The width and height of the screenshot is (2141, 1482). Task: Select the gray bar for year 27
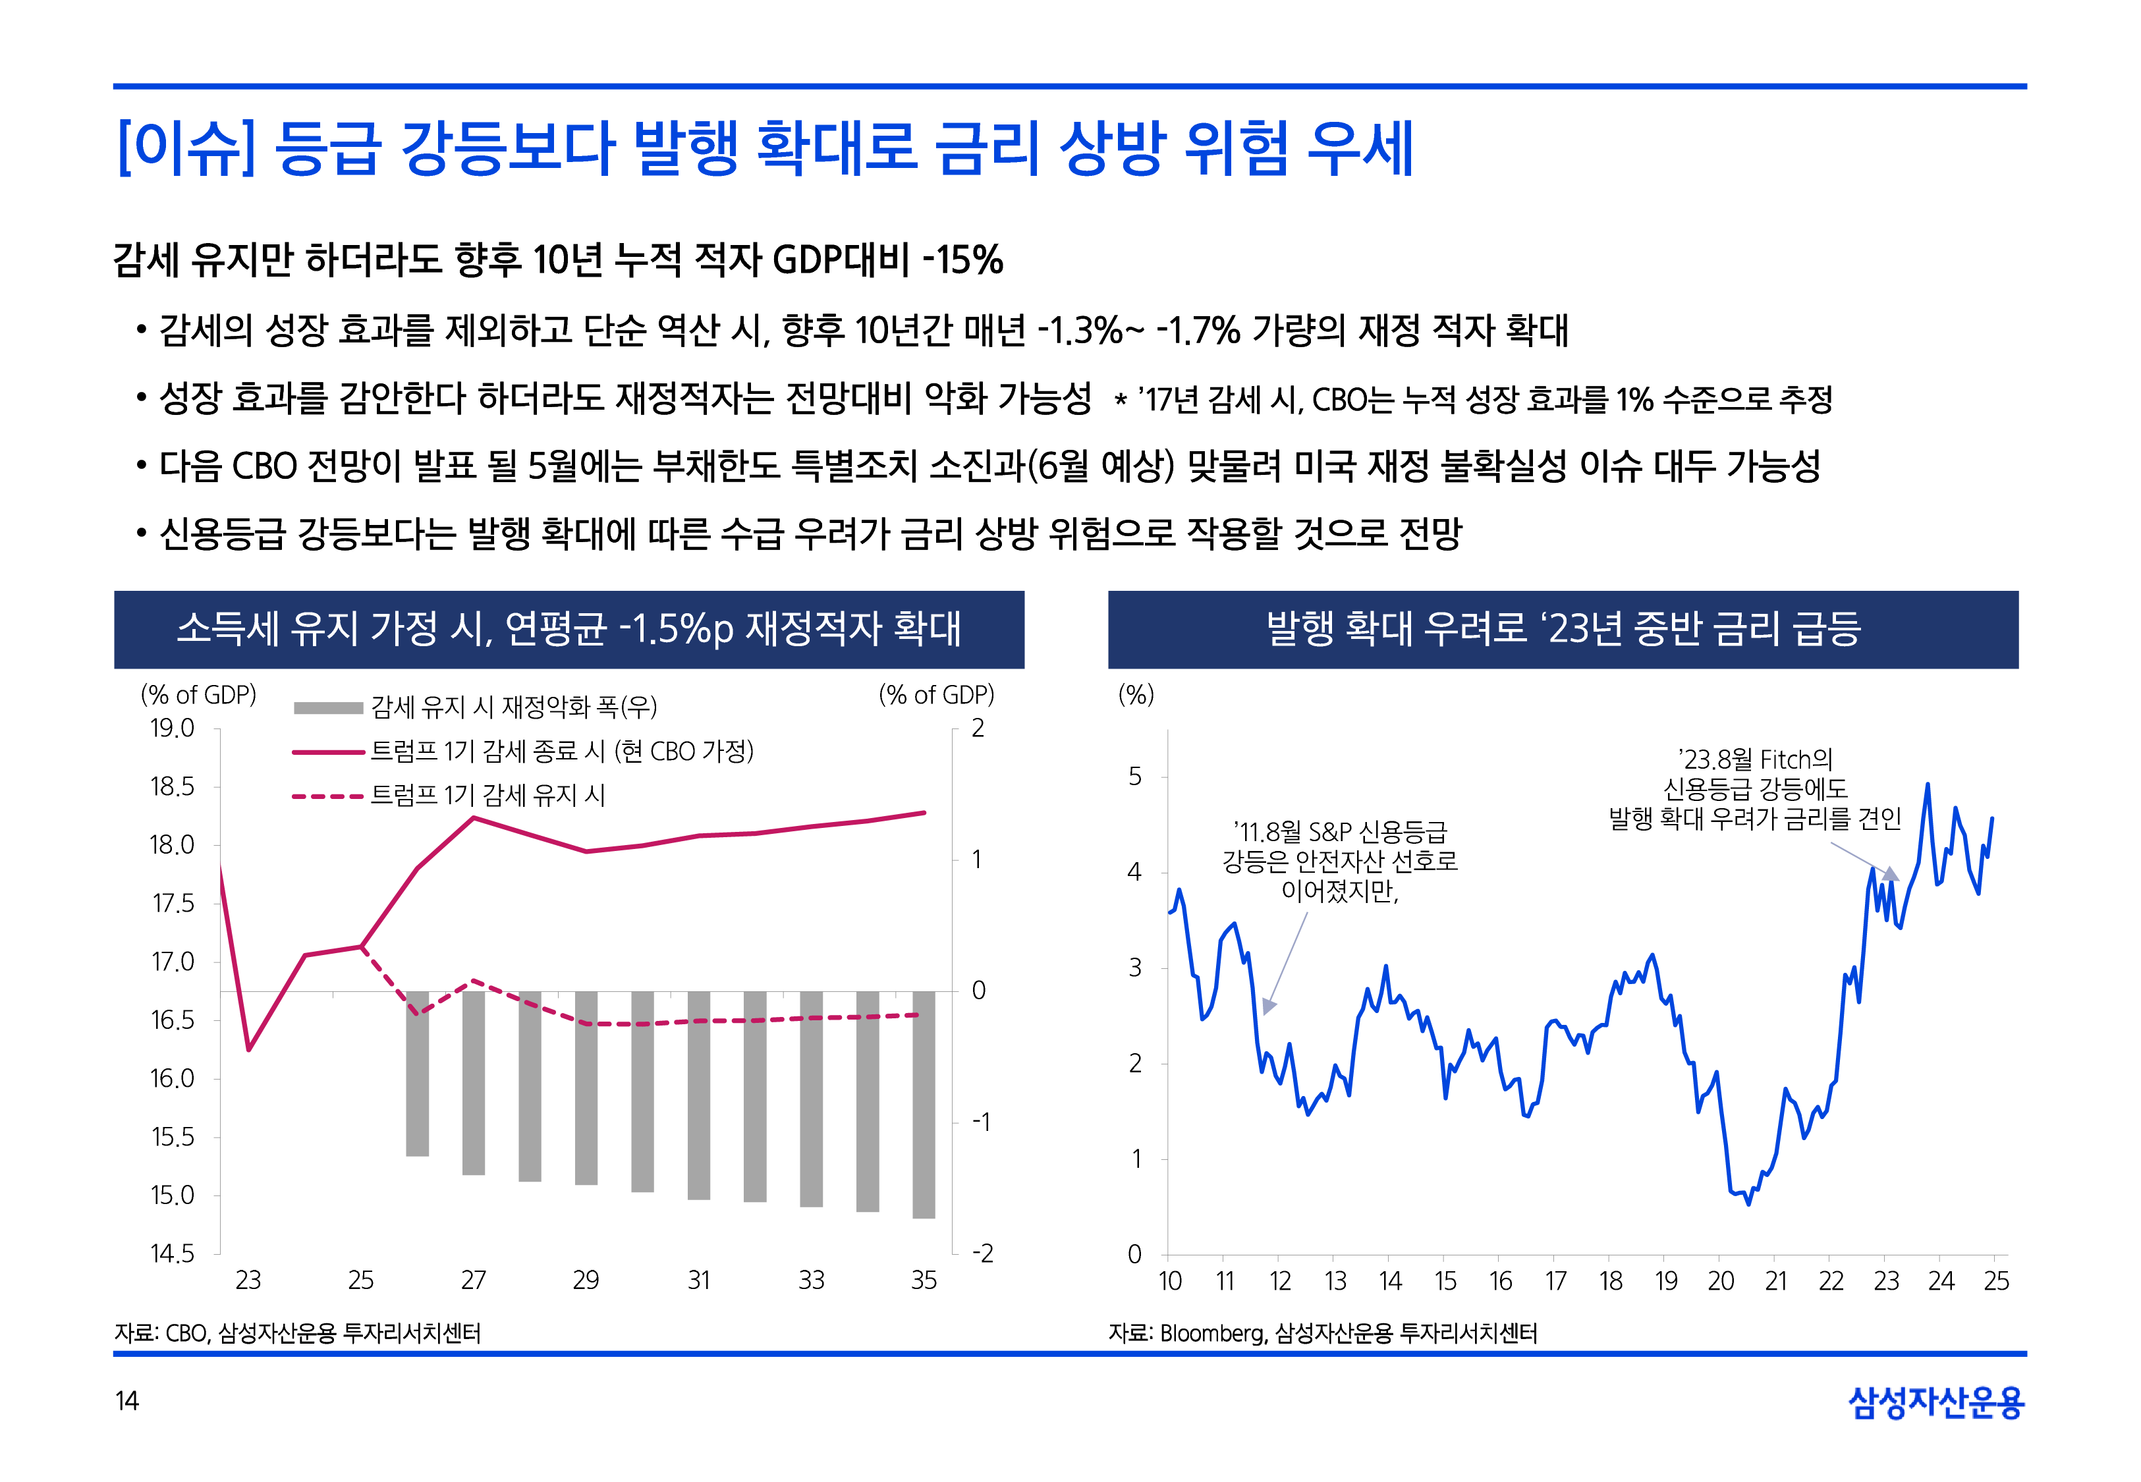point(474,1082)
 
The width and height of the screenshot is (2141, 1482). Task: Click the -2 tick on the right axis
point(982,1253)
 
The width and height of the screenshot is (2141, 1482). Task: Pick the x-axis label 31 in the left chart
point(699,1280)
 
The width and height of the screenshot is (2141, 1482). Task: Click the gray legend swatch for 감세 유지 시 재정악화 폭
point(328,707)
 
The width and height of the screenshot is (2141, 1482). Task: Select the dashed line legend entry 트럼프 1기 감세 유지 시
point(487,796)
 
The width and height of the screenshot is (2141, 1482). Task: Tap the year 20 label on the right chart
point(1721,1281)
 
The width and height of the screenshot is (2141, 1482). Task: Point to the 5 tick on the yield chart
point(1134,777)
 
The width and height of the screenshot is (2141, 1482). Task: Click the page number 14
point(126,1400)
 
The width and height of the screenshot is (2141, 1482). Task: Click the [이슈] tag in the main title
point(186,149)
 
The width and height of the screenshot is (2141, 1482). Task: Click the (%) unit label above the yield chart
point(1136,695)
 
